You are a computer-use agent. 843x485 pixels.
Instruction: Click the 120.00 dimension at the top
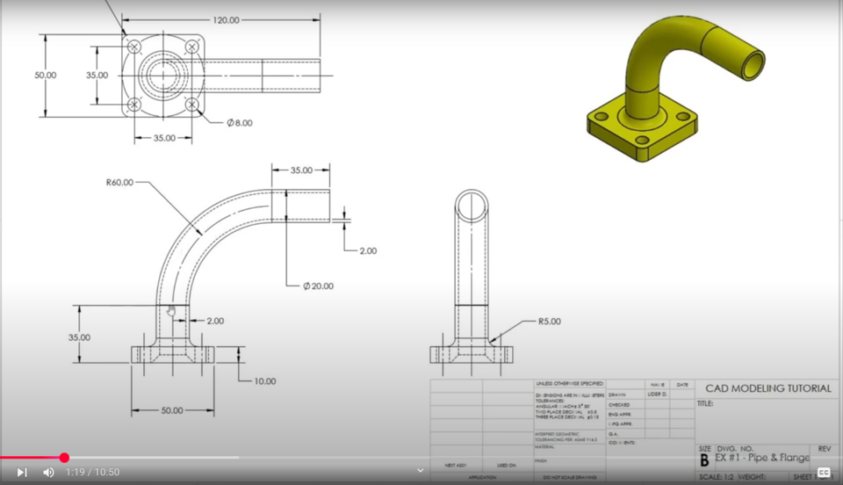(x=226, y=20)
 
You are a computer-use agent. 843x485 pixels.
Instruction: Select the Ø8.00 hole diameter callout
(x=239, y=123)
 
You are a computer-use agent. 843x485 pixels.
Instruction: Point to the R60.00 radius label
(x=119, y=183)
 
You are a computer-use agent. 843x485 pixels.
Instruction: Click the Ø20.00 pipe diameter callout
(x=318, y=286)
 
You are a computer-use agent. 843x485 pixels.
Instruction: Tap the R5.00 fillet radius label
(x=549, y=322)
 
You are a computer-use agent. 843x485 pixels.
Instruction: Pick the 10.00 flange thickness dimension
(x=264, y=381)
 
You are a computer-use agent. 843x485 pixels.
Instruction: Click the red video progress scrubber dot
(x=64, y=458)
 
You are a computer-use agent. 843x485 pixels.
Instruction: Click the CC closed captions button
(x=823, y=473)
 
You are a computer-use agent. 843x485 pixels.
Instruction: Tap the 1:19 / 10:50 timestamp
(x=92, y=473)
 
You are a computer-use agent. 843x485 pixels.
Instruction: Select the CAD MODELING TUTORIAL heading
(x=766, y=388)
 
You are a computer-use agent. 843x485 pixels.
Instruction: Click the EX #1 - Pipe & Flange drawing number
(x=762, y=458)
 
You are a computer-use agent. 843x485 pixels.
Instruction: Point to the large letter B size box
(x=704, y=460)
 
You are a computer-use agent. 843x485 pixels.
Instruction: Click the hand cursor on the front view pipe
(x=171, y=310)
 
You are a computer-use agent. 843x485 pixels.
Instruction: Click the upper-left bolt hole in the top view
(x=133, y=46)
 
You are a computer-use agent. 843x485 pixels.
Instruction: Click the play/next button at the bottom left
(x=22, y=473)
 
